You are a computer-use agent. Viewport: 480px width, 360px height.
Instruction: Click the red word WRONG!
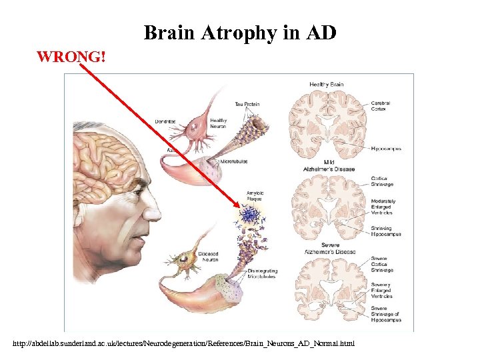71,57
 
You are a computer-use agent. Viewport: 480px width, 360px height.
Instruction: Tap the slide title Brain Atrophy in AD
240,32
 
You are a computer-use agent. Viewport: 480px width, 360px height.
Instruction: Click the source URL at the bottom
184,344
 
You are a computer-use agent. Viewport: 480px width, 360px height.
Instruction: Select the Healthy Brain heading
327,85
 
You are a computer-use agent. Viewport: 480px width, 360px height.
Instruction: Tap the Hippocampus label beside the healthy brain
386,149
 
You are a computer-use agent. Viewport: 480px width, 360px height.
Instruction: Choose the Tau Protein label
247,104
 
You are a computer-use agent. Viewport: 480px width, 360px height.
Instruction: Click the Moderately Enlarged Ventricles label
383,206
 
